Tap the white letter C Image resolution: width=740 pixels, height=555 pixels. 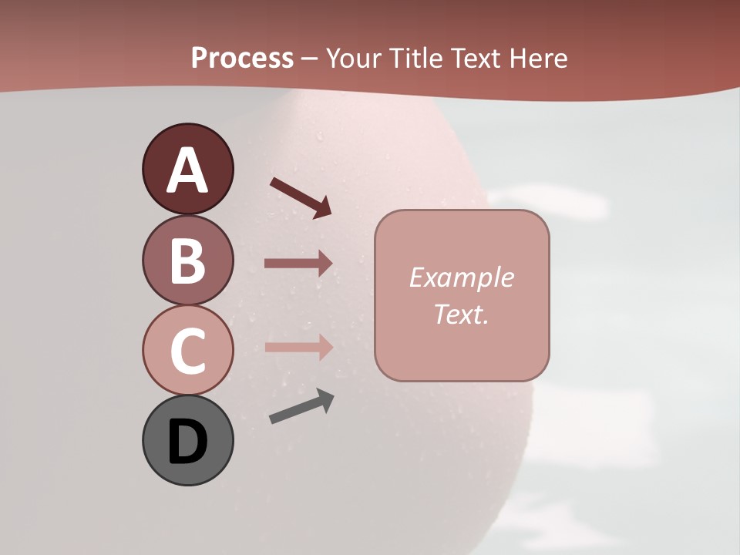coord(187,351)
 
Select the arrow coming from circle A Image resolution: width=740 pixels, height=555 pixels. coord(301,197)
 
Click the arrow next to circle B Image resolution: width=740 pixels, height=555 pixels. coord(298,264)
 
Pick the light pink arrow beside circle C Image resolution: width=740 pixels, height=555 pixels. coord(298,347)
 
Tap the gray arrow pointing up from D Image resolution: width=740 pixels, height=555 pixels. coord(301,407)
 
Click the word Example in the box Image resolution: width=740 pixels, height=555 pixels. coord(461,277)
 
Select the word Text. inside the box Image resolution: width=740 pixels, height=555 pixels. coord(461,314)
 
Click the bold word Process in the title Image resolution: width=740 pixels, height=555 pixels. coord(242,59)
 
